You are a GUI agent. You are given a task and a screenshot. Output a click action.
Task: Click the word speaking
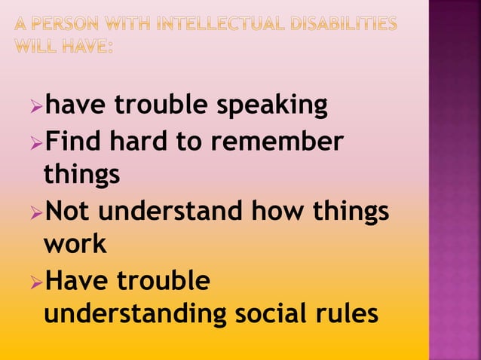pos(272,106)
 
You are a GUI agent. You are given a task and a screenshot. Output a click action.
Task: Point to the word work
pos(75,245)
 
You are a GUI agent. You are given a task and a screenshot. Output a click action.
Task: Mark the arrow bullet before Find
pos(36,142)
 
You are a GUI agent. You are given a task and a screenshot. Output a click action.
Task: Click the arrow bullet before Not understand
pos(36,211)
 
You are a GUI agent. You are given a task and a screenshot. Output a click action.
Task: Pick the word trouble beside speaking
pos(162,106)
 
